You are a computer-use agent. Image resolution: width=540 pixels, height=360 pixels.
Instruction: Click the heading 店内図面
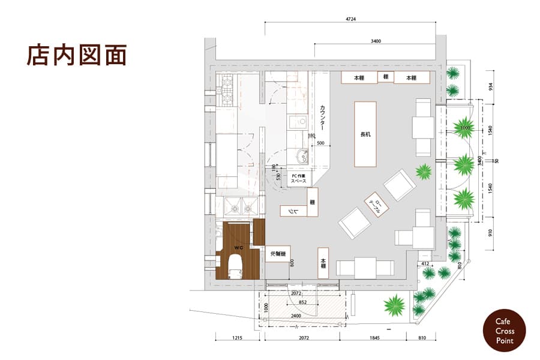tap(76, 55)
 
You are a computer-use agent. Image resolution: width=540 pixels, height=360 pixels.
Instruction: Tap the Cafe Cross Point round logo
tap(504, 331)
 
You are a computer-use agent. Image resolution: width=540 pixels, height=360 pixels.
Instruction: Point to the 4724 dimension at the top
tap(351, 19)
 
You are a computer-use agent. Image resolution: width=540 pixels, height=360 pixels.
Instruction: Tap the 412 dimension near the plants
tap(425, 262)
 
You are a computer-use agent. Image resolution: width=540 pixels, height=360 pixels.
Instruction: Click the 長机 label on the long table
tap(365, 134)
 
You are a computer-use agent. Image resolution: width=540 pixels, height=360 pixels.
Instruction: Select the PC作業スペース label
tap(299, 178)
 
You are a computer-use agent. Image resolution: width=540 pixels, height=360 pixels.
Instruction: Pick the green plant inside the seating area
tap(424, 171)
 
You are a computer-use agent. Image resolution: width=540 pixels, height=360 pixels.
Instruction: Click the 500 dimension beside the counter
tap(320, 143)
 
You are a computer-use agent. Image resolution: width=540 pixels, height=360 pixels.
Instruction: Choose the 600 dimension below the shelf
tap(293, 262)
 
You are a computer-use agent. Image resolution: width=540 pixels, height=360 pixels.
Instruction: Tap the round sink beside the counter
tap(301, 158)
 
